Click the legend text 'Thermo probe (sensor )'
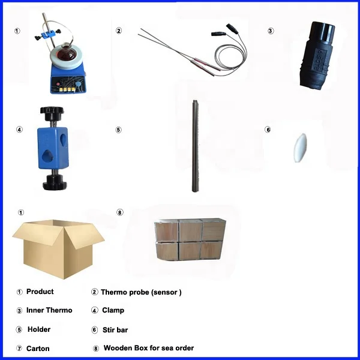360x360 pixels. [140, 292]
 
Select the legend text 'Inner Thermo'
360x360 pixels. [49, 310]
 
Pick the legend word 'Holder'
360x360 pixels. [39, 329]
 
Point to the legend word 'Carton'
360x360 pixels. [38, 349]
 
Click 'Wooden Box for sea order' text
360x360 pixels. [148, 348]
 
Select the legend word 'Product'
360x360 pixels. [40, 292]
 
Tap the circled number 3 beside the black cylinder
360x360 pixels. [271, 31]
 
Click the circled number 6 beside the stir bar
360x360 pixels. [268, 129]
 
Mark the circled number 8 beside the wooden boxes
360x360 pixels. [119, 212]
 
